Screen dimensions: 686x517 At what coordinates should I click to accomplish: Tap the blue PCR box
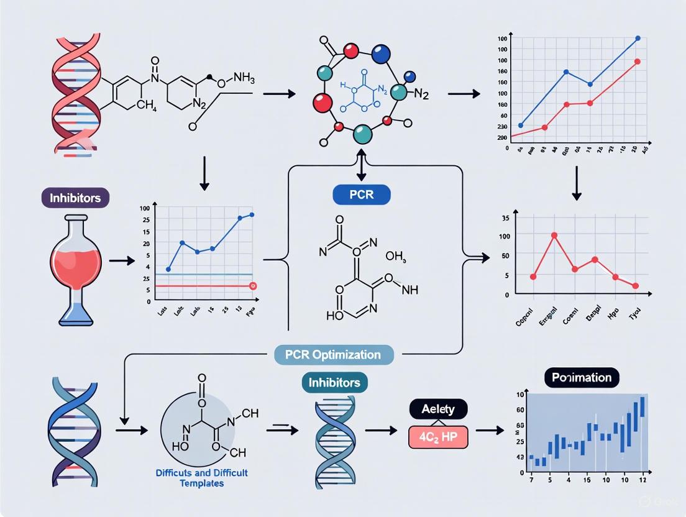point(361,194)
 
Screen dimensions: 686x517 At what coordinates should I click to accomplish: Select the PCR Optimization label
point(334,355)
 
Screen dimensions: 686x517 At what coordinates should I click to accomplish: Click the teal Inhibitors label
point(334,382)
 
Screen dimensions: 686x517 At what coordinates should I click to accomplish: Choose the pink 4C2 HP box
point(437,437)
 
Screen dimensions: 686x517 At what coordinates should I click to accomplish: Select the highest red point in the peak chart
point(554,236)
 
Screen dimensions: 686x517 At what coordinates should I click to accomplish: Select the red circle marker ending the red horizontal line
point(253,286)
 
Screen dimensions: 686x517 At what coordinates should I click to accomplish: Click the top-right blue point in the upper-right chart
point(638,39)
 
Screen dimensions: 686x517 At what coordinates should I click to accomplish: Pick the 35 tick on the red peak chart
point(504,218)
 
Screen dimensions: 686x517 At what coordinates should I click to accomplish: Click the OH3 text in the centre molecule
point(395,256)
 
